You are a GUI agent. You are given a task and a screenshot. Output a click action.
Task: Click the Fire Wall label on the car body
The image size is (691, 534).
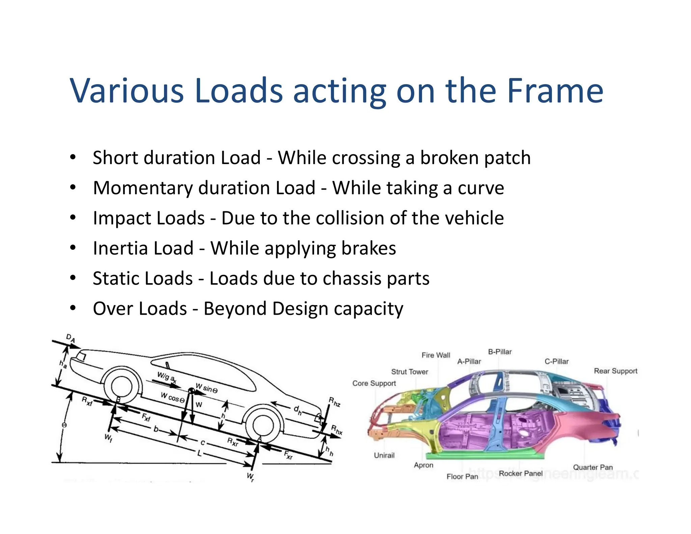coord(436,355)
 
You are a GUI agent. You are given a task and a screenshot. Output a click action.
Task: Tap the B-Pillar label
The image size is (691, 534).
coord(500,352)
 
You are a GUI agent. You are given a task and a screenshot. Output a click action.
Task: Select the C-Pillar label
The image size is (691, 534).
coord(556,362)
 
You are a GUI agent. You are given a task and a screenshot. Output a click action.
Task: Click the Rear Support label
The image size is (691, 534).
coord(615,371)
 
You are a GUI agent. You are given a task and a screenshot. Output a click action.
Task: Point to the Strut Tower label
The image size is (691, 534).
coord(409,372)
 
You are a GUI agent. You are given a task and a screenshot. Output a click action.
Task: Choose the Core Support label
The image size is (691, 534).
coord(374,383)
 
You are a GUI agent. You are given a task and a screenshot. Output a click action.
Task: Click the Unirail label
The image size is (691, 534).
coord(384,455)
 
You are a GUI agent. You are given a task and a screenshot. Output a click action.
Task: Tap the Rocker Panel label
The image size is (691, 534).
coord(521,473)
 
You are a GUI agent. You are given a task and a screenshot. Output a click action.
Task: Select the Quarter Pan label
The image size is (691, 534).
coord(593,467)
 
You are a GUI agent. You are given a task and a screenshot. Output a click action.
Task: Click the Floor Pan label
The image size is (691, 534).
coord(462,476)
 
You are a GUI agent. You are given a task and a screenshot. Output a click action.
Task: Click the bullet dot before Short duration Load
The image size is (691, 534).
coord(73,157)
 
